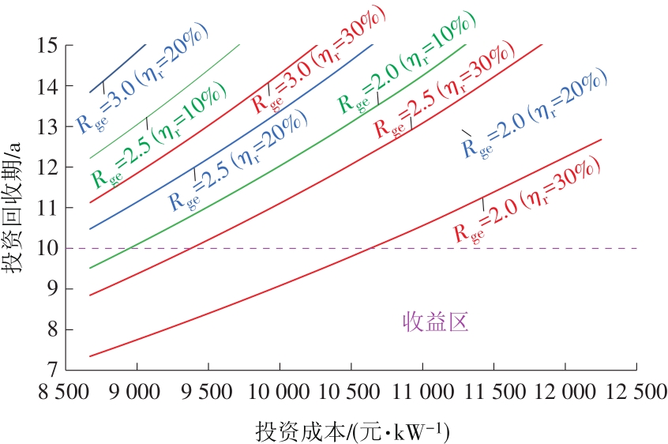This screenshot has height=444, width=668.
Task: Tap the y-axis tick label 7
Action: pyautogui.click(x=52, y=370)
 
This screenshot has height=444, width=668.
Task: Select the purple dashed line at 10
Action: pyautogui.click(x=553, y=248)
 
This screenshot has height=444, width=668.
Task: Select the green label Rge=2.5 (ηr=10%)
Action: pyautogui.click(x=158, y=140)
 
